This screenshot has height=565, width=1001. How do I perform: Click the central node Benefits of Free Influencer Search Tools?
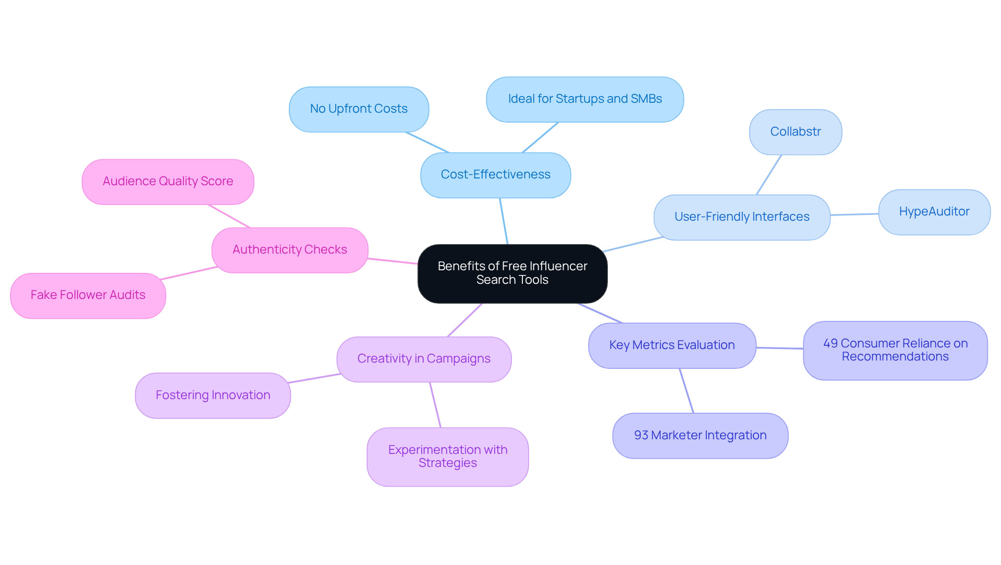point(512,273)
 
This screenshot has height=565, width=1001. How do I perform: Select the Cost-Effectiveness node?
point(495,175)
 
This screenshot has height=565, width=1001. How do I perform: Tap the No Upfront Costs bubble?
point(359,109)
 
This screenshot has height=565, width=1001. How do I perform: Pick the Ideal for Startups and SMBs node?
point(584,99)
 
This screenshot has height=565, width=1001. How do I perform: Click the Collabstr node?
point(795,132)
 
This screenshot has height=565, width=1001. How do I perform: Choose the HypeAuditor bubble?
point(934,212)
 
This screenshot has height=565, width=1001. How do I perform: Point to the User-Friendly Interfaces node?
point(741,217)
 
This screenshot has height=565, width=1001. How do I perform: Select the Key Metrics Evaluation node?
point(672,345)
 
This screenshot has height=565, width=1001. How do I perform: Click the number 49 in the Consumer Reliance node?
point(831,343)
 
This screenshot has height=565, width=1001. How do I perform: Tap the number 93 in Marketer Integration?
point(641,436)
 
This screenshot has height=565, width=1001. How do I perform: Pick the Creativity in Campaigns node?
point(423,359)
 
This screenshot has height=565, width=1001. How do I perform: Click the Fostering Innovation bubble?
point(213,395)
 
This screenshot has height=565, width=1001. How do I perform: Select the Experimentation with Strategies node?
point(447,456)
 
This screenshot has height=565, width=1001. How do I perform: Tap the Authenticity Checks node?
point(289,250)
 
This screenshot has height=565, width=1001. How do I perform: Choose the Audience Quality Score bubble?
point(167,182)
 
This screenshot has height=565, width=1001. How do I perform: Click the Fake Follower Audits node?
point(88,295)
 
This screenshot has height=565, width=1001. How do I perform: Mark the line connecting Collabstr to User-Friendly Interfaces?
point(768,175)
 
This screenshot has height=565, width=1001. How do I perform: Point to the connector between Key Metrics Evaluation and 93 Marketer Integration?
point(686,391)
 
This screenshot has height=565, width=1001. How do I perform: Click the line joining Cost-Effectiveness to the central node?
point(504,221)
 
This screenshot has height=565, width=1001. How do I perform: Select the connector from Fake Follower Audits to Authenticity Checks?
point(189,273)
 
